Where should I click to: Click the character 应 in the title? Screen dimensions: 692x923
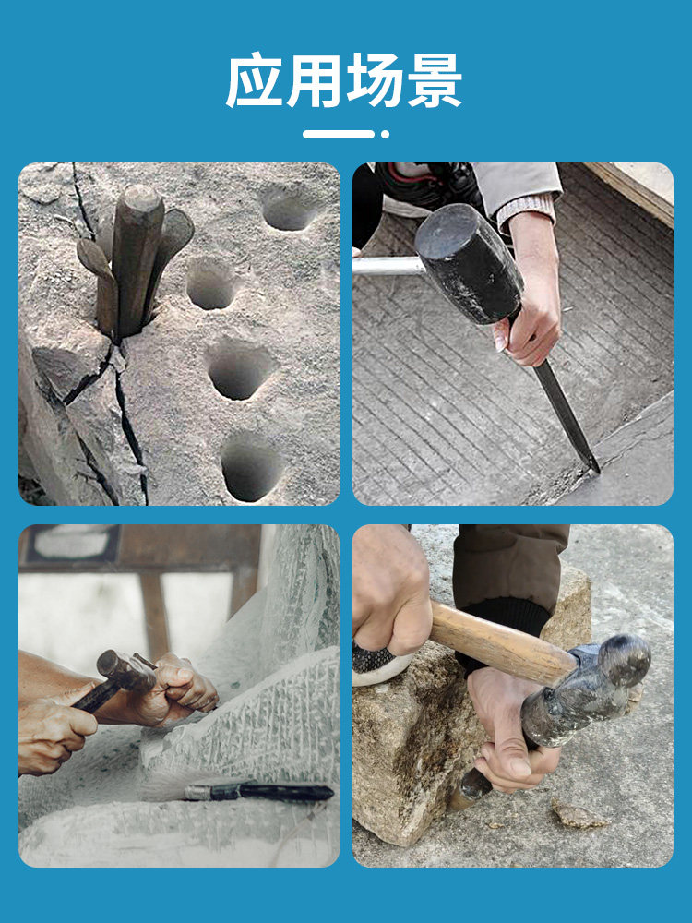(256, 80)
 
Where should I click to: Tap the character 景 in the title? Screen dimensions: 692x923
(435, 80)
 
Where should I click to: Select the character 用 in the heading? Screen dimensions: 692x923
(315, 80)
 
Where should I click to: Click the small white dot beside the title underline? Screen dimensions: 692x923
(385, 134)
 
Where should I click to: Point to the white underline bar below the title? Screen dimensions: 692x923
(339, 134)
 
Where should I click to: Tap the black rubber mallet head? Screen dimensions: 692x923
(469, 262)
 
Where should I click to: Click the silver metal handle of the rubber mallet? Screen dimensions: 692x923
(388, 266)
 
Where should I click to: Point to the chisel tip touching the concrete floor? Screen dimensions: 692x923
(595, 469)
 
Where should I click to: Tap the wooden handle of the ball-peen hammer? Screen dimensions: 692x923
(500, 642)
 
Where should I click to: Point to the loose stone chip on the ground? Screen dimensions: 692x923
(577, 816)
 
